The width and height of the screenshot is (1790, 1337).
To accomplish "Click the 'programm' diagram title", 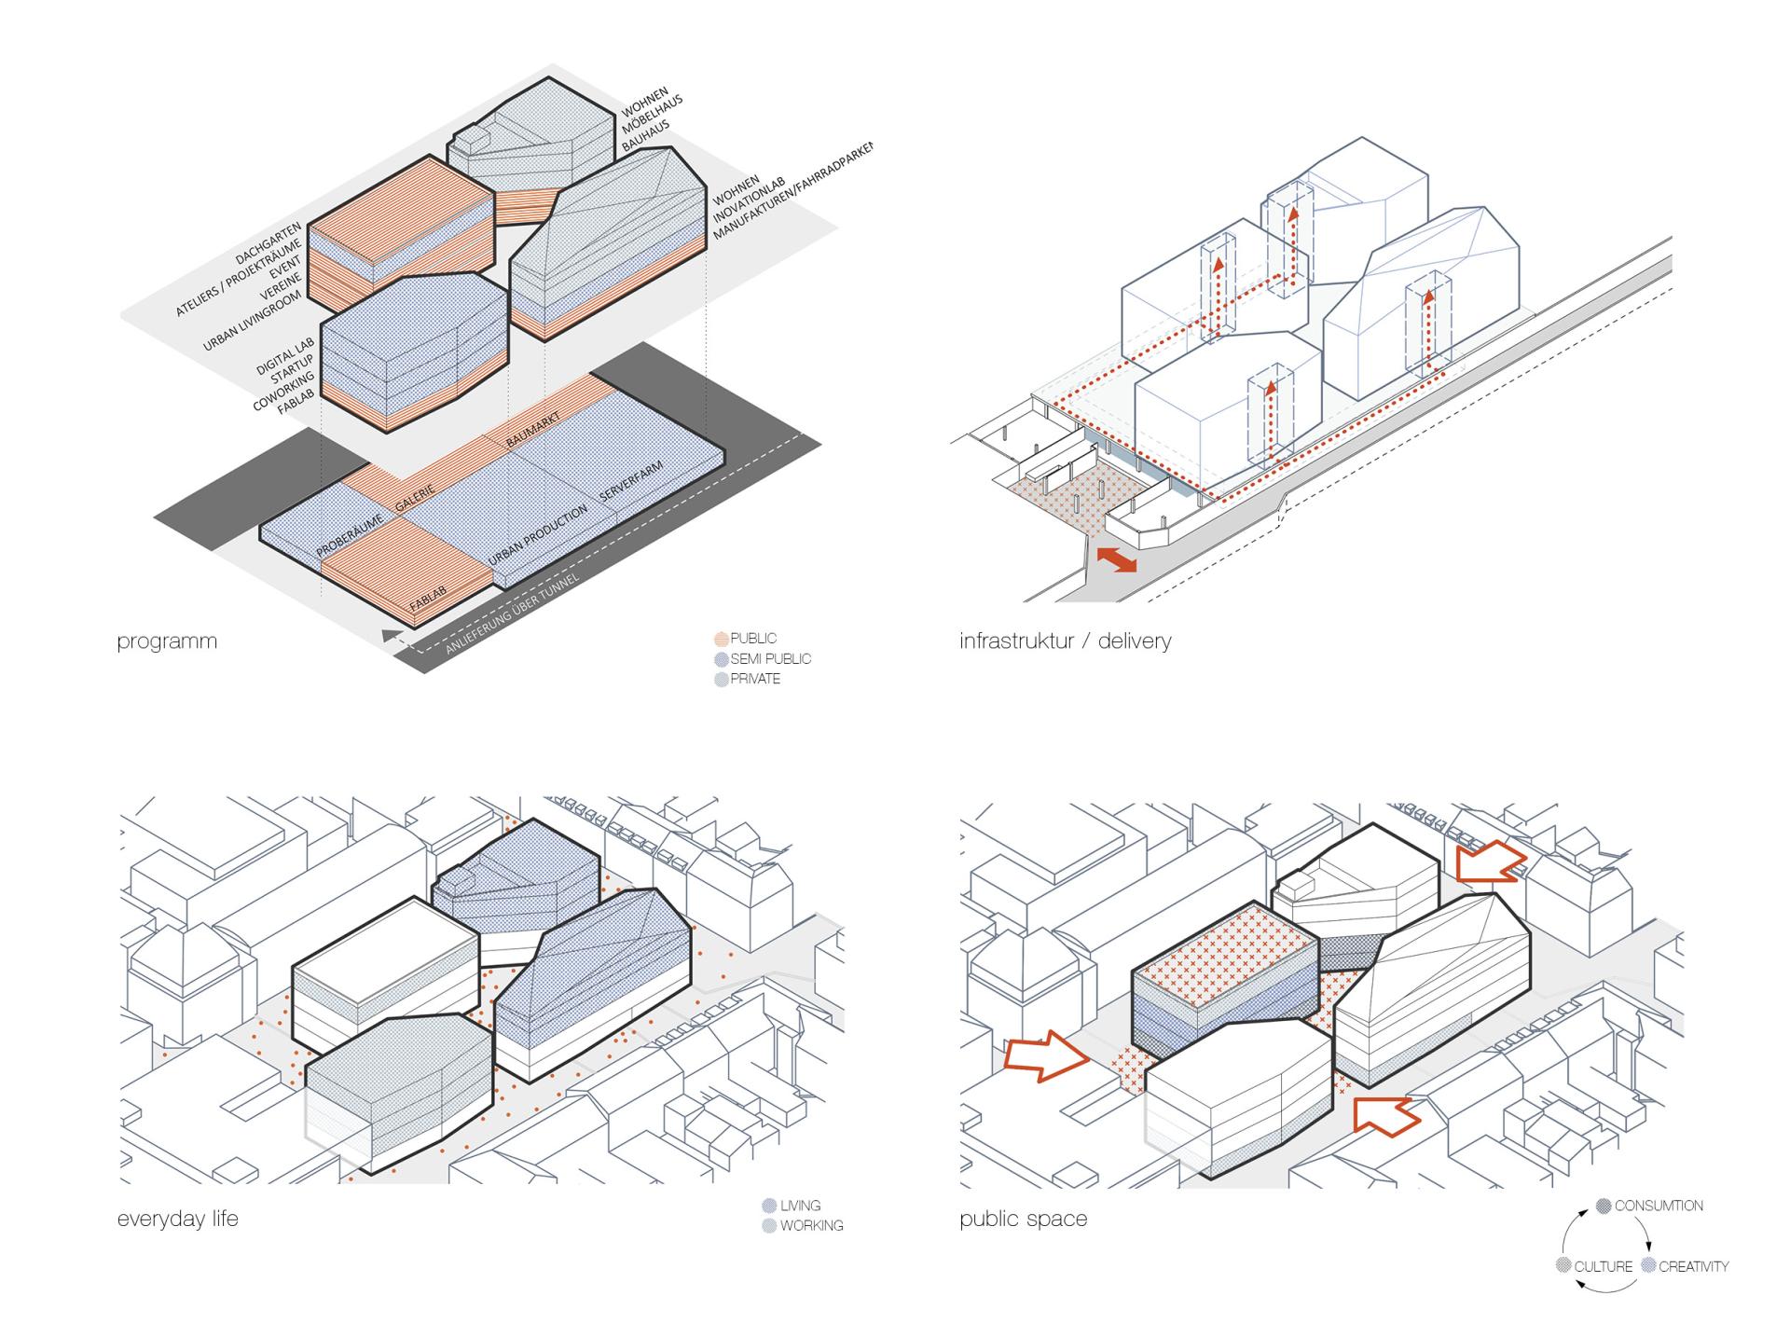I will click(x=167, y=641).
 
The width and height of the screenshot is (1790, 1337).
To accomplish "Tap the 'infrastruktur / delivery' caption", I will click(x=1065, y=641).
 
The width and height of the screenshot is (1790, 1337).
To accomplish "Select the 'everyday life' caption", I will click(x=178, y=1219).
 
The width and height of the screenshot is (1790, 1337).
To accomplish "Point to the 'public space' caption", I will click(x=1023, y=1219).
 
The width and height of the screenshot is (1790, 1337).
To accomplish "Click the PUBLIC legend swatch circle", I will click(x=721, y=640).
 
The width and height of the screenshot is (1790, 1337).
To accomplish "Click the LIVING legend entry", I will click(x=800, y=1206).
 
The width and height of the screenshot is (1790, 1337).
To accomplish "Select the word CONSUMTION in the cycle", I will click(x=1659, y=1206).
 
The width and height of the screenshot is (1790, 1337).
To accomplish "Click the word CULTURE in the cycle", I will click(x=1603, y=1266).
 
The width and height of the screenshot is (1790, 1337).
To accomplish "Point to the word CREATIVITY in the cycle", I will click(x=1693, y=1266).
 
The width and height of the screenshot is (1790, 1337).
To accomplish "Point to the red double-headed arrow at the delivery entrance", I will click(x=1116, y=559).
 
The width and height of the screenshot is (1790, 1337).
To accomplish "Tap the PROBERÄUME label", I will click(x=350, y=537).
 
